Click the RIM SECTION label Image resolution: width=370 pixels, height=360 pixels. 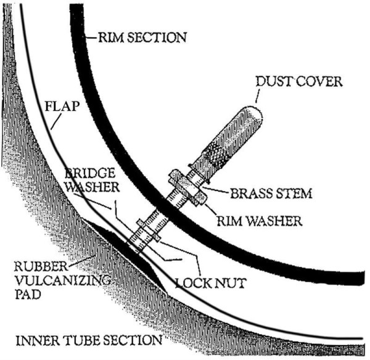142,38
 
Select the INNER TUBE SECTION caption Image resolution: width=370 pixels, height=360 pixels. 89,340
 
